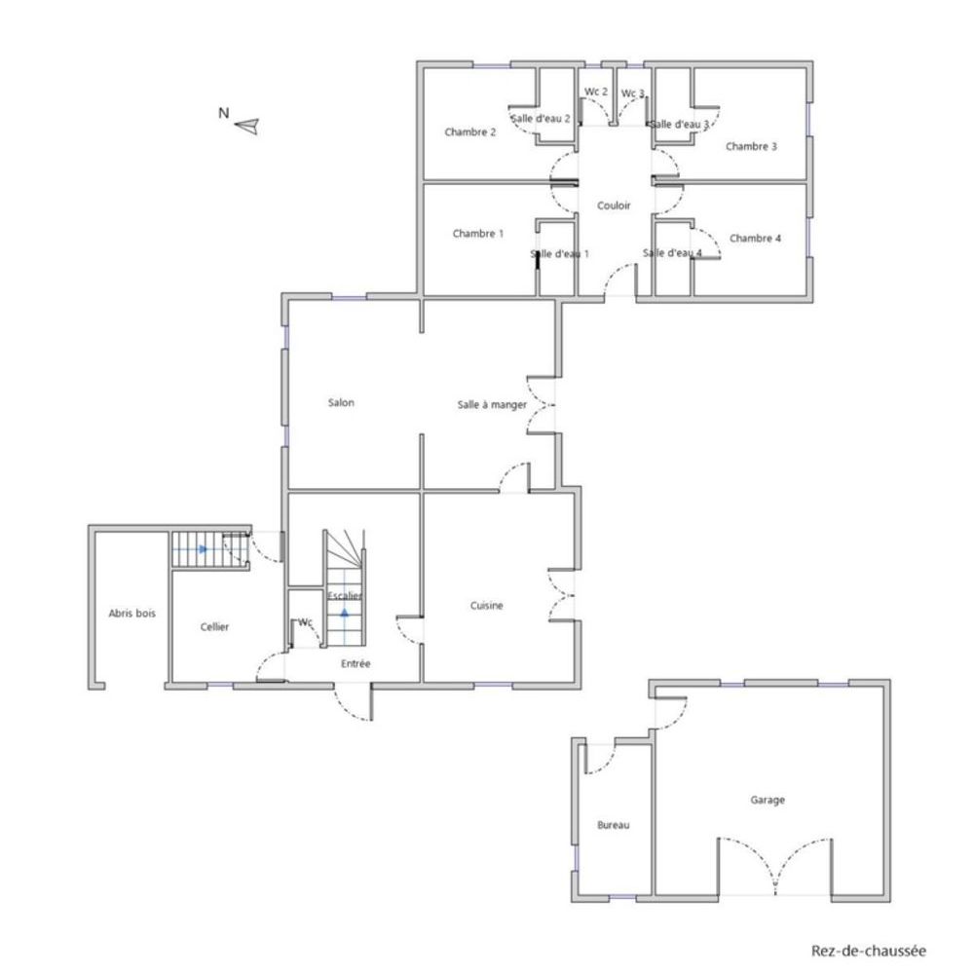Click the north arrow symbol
click(247, 125)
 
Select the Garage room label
click(768, 800)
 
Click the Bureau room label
click(613, 825)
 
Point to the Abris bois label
click(131, 614)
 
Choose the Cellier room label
click(214, 626)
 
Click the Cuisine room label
click(487, 605)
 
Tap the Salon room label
click(341, 403)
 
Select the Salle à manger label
click(492, 404)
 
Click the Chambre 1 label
click(478, 234)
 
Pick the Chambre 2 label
click(470, 131)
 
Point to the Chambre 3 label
click(751, 147)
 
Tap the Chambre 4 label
click(755, 238)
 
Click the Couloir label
click(614, 206)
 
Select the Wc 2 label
click(596, 92)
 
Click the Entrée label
click(356, 663)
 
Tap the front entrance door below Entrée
click(353, 703)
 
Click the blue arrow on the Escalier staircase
click(344, 614)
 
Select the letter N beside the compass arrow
click(223, 113)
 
